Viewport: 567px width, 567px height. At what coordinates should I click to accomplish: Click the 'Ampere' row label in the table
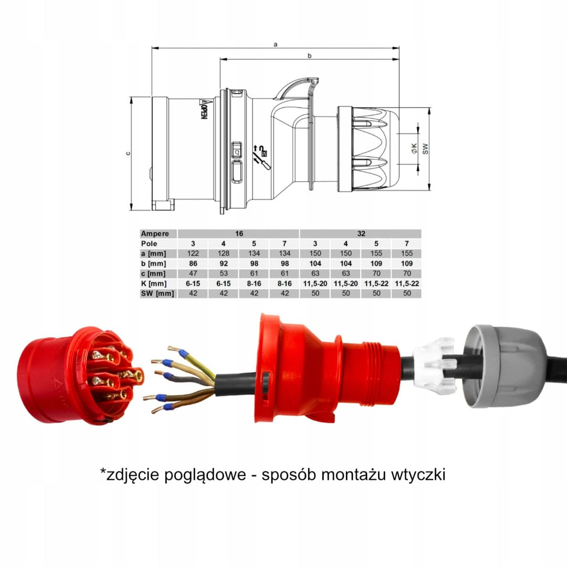[155, 234]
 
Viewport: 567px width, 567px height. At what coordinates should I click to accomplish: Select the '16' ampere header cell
[239, 234]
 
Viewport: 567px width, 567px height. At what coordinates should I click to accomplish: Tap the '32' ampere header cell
[361, 234]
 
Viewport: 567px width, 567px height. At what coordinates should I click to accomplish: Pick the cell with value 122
[193, 254]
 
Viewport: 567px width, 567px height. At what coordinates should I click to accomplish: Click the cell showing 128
[224, 254]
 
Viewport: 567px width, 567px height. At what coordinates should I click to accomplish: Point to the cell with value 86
[193, 264]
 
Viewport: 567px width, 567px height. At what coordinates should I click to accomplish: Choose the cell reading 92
[224, 264]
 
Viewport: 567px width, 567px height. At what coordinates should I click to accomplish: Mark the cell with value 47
[193, 274]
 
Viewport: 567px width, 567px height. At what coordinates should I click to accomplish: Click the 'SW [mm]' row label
[157, 293]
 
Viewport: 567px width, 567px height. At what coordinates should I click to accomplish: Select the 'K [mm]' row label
[154, 283]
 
